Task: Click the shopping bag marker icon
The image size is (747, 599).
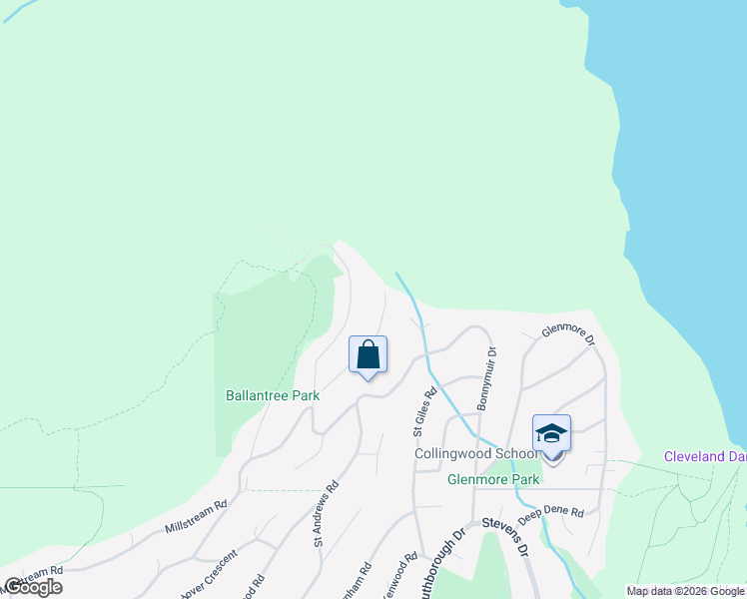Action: click(x=368, y=354)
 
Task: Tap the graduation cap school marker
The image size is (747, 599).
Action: click(x=551, y=434)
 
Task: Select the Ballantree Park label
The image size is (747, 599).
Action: click(x=273, y=395)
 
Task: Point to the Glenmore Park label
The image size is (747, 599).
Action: click(x=493, y=479)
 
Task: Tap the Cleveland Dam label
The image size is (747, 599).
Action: click(x=705, y=456)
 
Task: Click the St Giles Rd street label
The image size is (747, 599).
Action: click(x=425, y=411)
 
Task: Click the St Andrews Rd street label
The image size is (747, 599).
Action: click(x=326, y=513)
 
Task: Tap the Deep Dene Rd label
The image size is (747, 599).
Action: click(x=550, y=512)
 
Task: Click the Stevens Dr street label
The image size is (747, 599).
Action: click(x=504, y=532)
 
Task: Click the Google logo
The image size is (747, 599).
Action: click(x=33, y=587)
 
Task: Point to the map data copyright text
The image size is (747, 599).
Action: click(x=685, y=591)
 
